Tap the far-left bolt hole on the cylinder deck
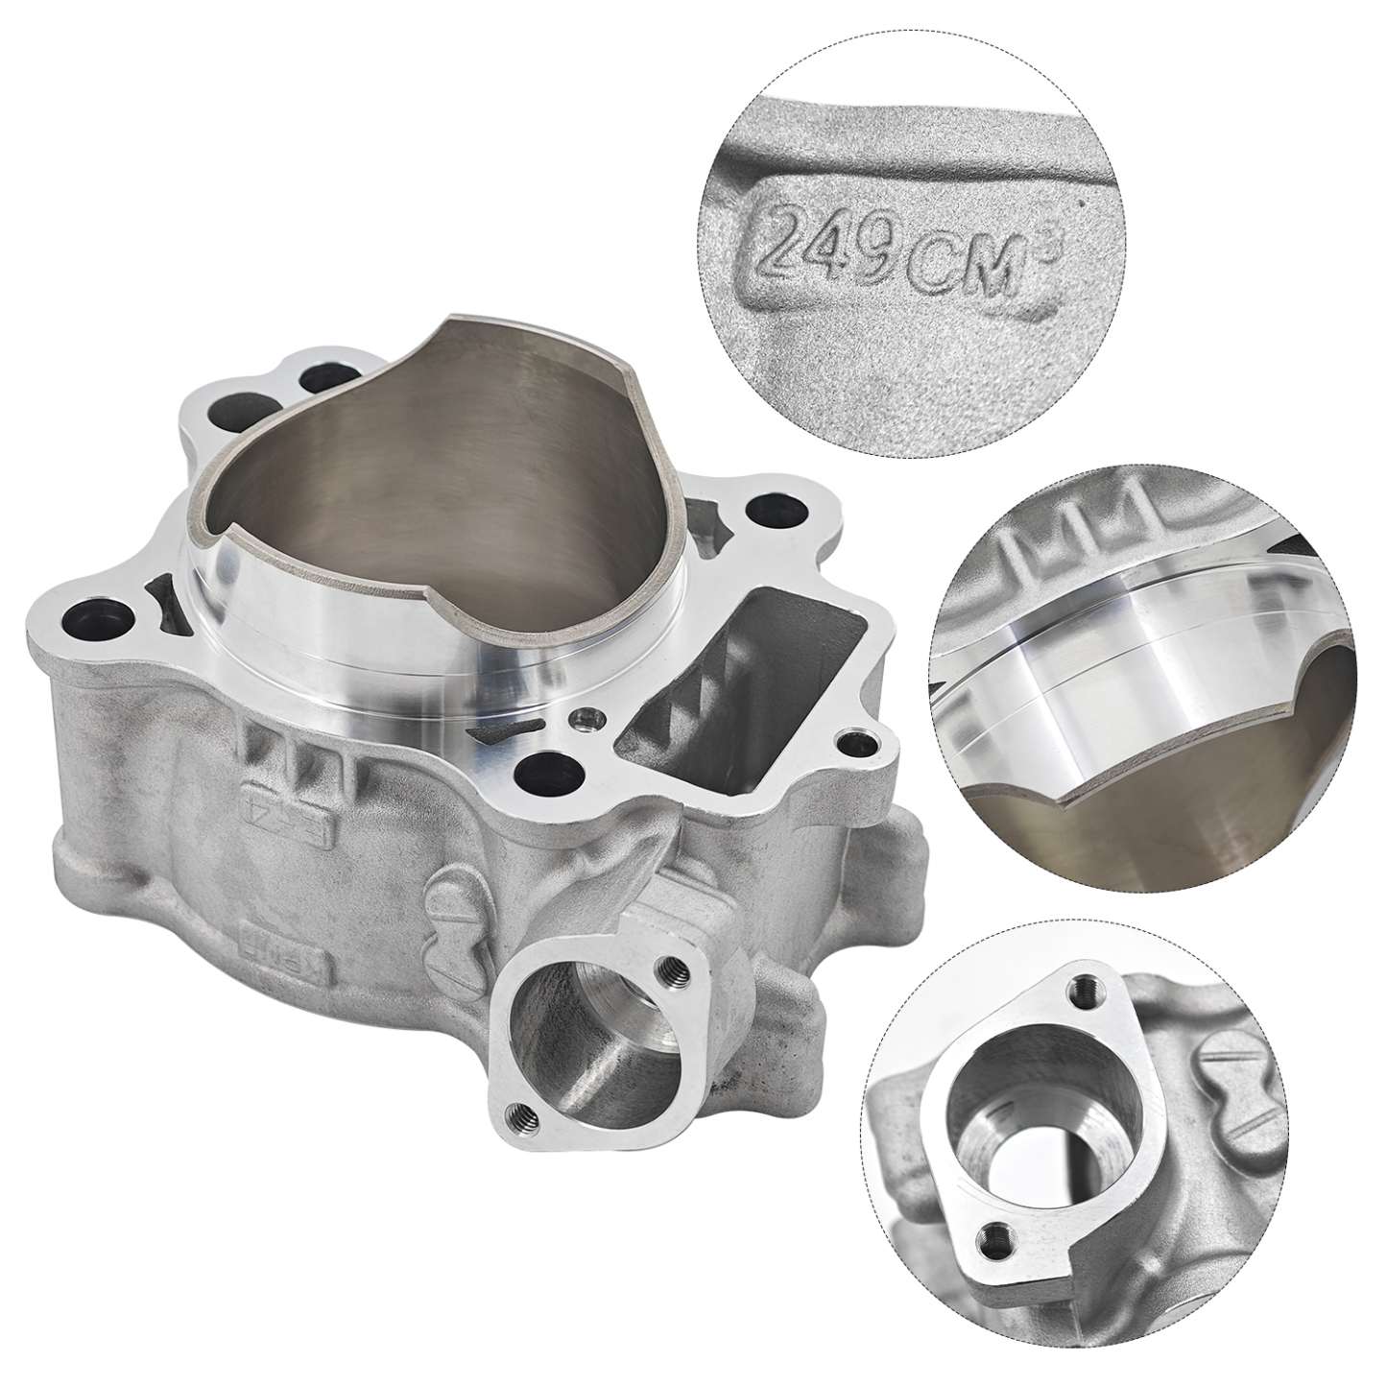click(93, 617)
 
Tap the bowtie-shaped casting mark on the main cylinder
click(446, 912)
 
